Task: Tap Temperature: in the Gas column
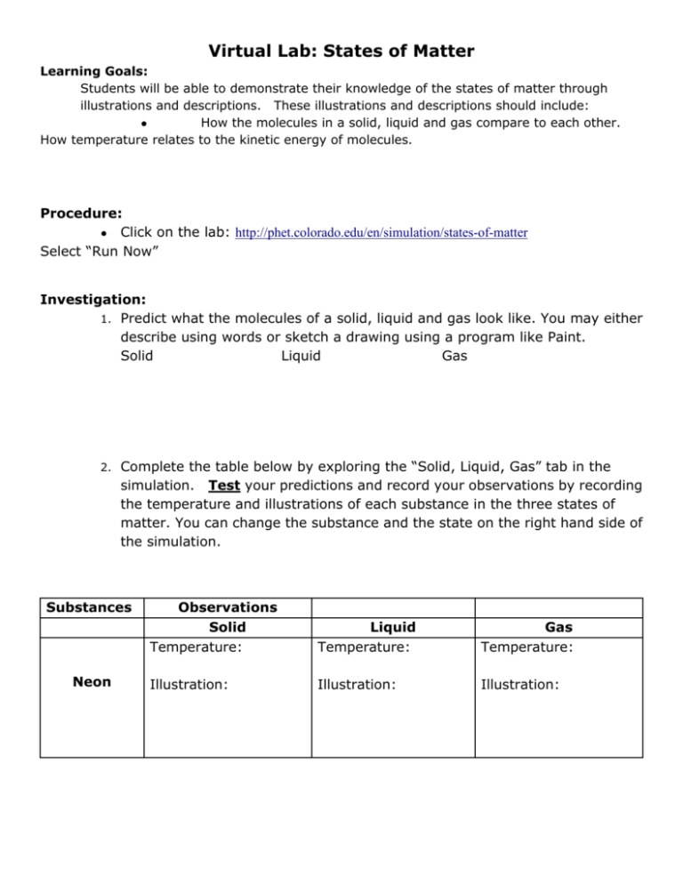point(526,647)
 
